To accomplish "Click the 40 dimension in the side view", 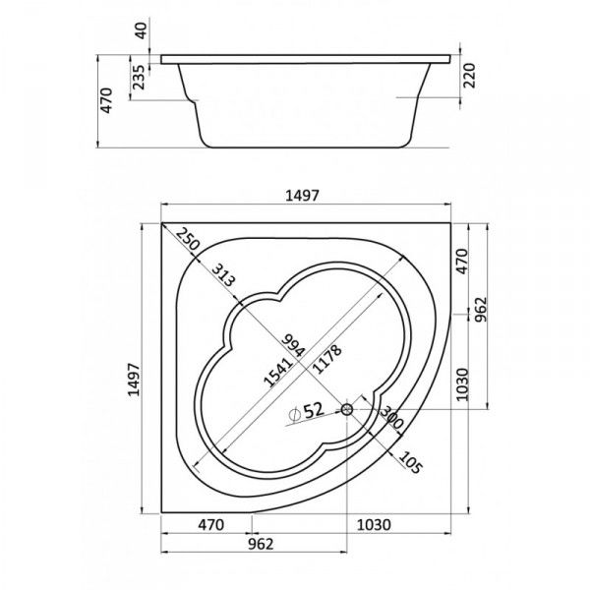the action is tap(141, 30).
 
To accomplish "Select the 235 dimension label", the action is tap(139, 77).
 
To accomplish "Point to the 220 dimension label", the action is tap(470, 76).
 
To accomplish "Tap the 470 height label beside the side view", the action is tap(106, 100).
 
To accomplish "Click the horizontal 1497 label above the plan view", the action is tap(302, 196).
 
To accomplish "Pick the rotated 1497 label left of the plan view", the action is tap(134, 380).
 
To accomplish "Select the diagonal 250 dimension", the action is tap(187, 239).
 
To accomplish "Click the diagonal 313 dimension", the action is tap(223, 275).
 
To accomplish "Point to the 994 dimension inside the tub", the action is tap(293, 345).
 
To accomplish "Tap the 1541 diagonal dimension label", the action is tap(278, 373).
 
